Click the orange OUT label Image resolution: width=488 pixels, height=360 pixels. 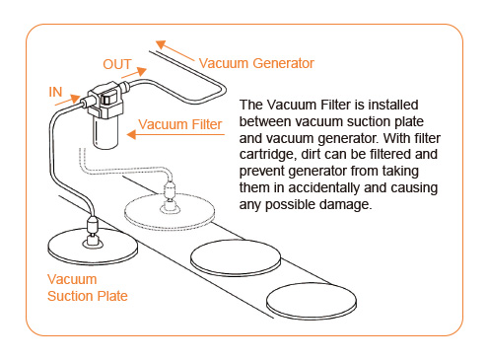pyautogui.click(x=117, y=64)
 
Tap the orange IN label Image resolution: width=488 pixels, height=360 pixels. pyautogui.click(x=55, y=92)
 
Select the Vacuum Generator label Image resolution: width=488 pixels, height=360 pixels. pyautogui.click(x=256, y=63)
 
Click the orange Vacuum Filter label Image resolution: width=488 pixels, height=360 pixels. pyautogui.click(x=180, y=124)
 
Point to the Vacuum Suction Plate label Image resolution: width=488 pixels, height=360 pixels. pyautogui.click(x=88, y=288)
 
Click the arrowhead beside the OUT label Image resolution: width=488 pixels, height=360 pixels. pyautogui.click(x=142, y=71)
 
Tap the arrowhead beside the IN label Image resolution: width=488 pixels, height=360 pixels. pyautogui.click(x=75, y=98)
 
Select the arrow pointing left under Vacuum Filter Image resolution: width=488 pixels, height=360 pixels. pyautogui.click(x=175, y=134)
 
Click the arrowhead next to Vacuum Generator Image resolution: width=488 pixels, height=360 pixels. pyautogui.click(x=161, y=44)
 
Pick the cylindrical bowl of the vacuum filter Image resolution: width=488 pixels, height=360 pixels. pyautogui.click(x=105, y=132)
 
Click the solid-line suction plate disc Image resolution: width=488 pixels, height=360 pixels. pyautogui.click(x=93, y=247)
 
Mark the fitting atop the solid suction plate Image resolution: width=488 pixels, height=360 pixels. pyautogui.click(x=93, y=232)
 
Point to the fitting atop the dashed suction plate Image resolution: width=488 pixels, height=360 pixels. pyautogui.click(x=170, y=198)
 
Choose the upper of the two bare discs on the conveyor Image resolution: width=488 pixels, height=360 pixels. pyautogui.click(x=236, y=257)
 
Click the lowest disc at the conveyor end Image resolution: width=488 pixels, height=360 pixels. pyautogui.click(x=312, y=302)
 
